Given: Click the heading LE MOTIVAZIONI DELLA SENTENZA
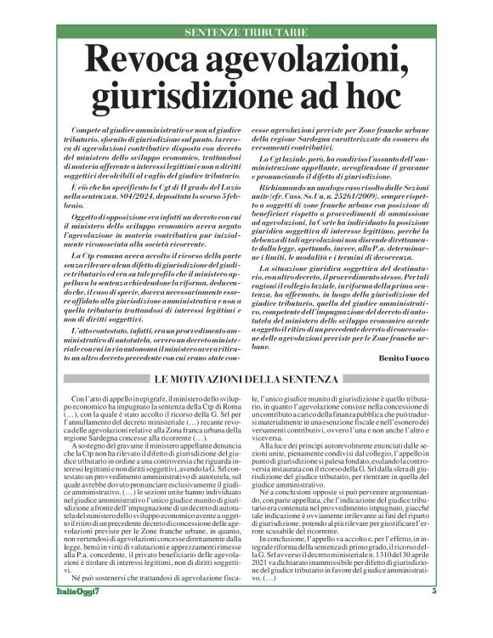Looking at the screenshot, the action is pyautogui.click(x=246, y=378).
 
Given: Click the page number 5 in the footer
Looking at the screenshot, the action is pyautogui.click(x=433, y=615).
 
